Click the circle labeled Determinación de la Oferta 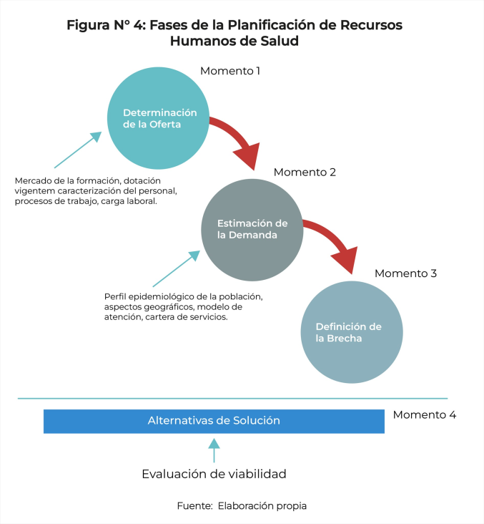pos(158,118)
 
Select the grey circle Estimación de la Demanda pos(252,230)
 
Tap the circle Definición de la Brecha pos(352,332)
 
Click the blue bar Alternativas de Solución pos(214,422)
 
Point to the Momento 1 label pos(230,71)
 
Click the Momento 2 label pos(305,172)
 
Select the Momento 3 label pos(405,273)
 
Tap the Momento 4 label pos(424,414)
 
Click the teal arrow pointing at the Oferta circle pos(78,150)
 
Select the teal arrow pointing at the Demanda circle pos(177,268)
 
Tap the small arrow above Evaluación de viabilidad pos(214,450)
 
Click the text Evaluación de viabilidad pos(214,474)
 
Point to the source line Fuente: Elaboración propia pos(242,505)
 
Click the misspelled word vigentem pos(35,191)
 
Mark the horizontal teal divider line pos(232,398)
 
